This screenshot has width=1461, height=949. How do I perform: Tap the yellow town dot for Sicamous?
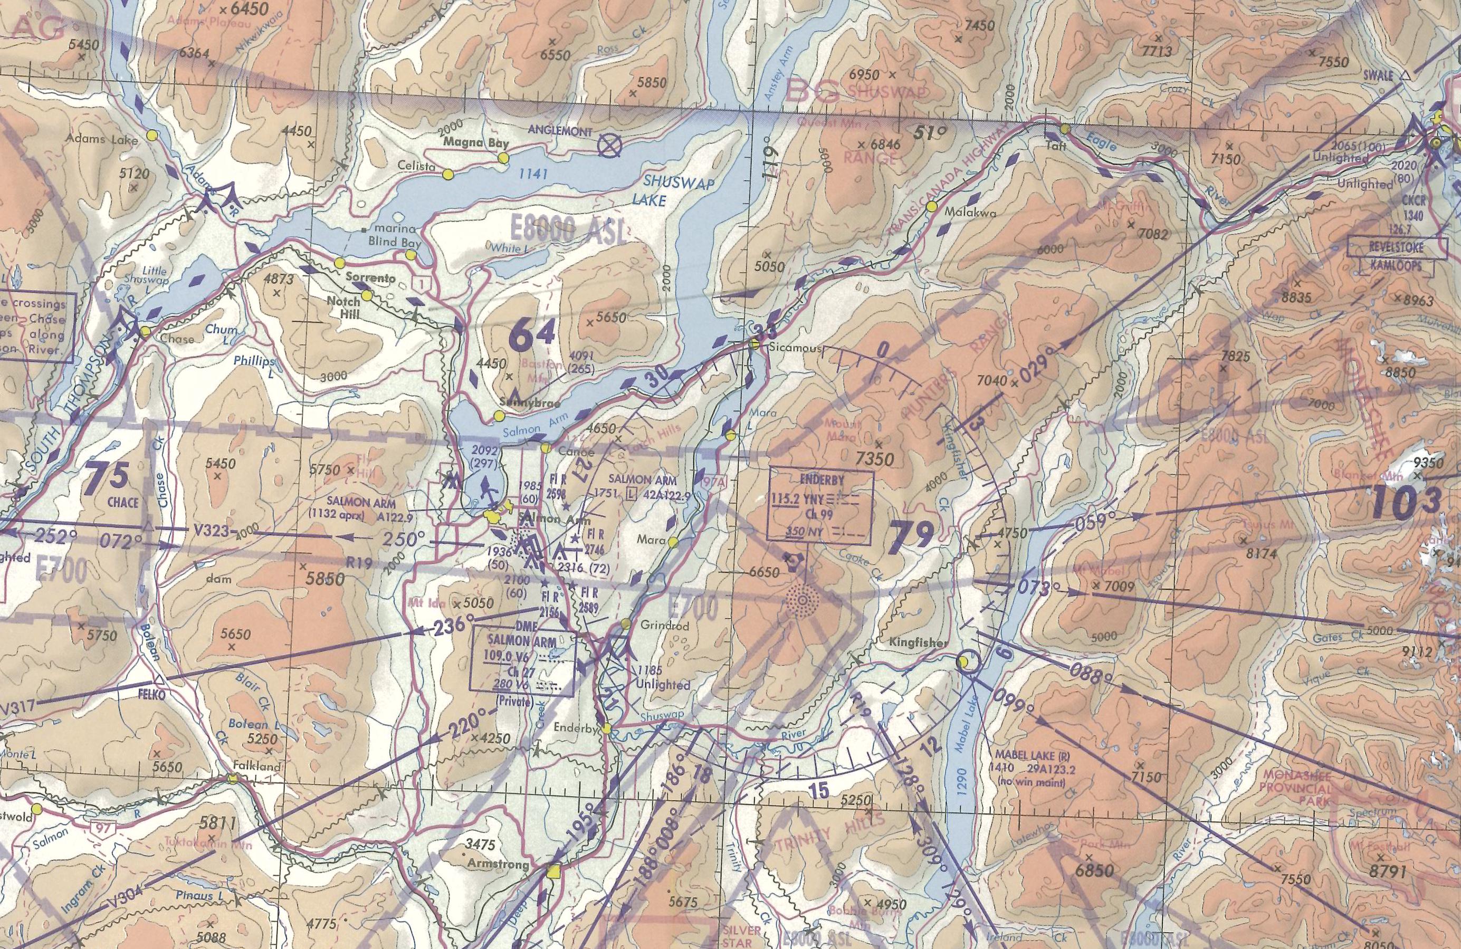(755, 345)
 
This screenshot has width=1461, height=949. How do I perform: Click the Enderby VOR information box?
(822, 507)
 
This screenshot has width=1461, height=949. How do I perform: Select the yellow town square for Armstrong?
(555, 871)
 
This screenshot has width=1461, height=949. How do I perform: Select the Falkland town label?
(257, 766)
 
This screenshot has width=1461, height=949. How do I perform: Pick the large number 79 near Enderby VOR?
(914, 533)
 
